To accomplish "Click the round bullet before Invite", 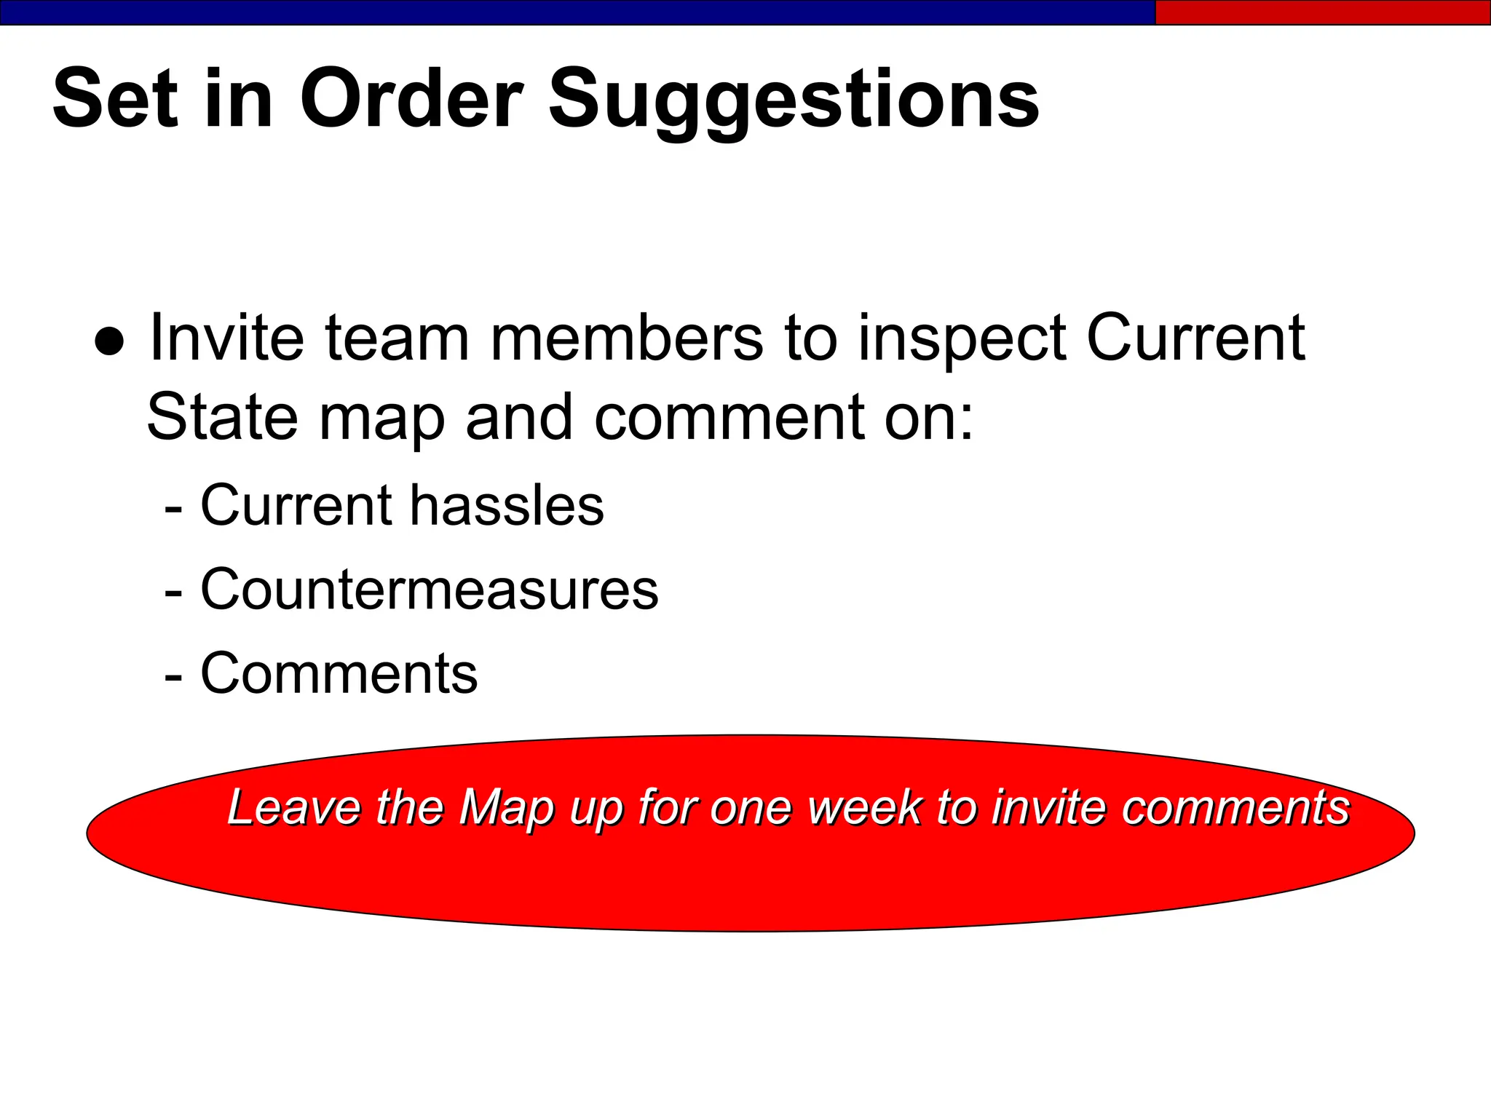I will click(x=109, y=341).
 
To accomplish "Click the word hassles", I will click(x=507, y=505).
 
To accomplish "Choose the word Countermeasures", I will click(x=430, y=589).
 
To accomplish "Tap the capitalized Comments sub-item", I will click(x=339, y=673).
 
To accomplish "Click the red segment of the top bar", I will click(x=1322, y=12).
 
